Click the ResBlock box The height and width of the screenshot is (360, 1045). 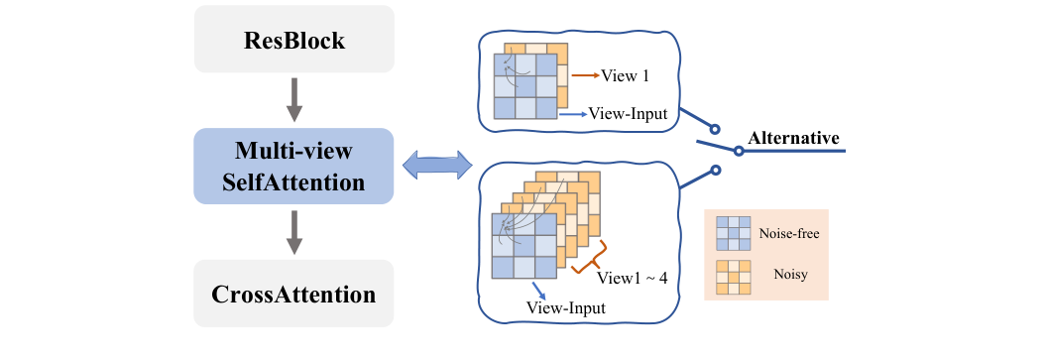(x=293, y=40)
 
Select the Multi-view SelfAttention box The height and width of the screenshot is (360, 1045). (x=293, y=166)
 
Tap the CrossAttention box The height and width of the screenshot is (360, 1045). (x=293, y=294)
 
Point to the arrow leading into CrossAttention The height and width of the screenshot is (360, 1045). (x=294, y=231)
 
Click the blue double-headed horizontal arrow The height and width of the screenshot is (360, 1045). (x=435, y=165)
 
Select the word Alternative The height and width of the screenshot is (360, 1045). (x=794, y=138)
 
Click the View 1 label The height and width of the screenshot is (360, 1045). (x=625, y=74)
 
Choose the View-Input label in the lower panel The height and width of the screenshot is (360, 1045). (x=566, y=308)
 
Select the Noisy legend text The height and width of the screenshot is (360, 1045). (x=789, y=271)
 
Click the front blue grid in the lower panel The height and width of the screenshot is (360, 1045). (x=524, y=245)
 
